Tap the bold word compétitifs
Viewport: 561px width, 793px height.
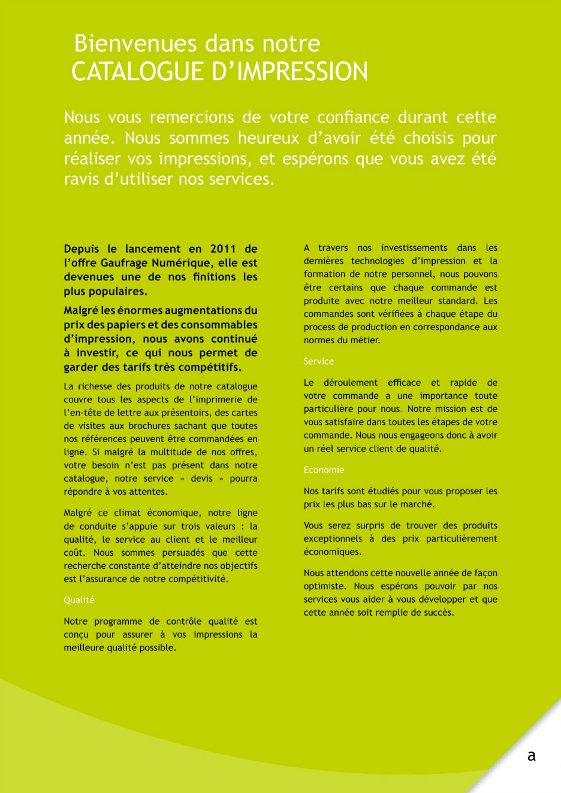[x=204, y=367]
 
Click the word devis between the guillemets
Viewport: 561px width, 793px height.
[x=201, y=479]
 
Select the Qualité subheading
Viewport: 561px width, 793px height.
[x=79, y=600]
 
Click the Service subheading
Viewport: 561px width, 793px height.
[x=319, y=361]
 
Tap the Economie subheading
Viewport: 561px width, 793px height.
[x=324, y=470]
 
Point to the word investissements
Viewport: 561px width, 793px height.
[x=414, y=248]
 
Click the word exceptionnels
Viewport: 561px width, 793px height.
[x=333, y=539]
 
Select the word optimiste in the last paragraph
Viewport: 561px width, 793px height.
[x=324, y=586]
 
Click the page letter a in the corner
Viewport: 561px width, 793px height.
[x=532, y=756]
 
